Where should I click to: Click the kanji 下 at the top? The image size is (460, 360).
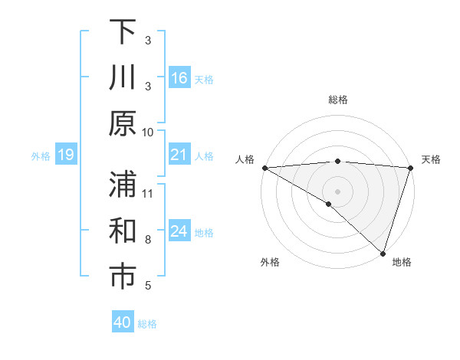(123, 32)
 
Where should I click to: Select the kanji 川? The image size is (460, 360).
(123, 77)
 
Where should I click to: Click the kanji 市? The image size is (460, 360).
(123, 278)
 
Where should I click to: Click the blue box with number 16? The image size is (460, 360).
(179, 78)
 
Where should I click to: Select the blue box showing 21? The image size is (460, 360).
(179, 155)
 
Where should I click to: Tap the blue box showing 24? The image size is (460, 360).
(179, 232)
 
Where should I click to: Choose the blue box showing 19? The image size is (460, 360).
(66, 155)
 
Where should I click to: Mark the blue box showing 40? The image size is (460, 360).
(123, 322)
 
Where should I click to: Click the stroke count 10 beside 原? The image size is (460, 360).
(149, 132)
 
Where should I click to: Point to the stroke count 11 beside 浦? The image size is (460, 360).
(149, 193)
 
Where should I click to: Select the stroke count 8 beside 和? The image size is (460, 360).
(148, 240)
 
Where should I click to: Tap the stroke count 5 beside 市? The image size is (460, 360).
(148, 286)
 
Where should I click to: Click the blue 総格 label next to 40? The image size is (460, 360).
(147, 323)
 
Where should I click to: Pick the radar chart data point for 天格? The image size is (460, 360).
(411, 168)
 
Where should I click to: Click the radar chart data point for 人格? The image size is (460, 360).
(264, 168)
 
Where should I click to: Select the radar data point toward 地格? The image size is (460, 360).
(383, 253)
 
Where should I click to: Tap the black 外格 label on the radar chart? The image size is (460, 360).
(270, 262)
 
